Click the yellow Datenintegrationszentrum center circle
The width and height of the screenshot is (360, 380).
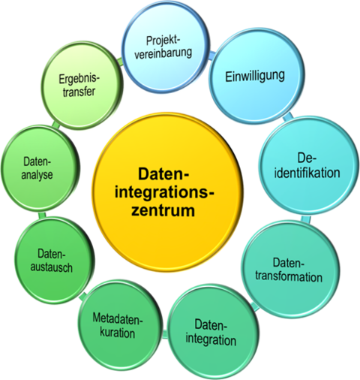(x=167, y=192)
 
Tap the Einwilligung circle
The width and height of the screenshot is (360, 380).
(x=256, y=77)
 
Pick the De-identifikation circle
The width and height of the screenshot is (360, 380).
(x=308, y=167)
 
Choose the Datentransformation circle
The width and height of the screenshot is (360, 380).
(x=290, y=269)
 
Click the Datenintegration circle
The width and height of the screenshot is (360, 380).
(x=212, y=332)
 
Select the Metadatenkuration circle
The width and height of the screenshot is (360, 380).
(x=118, y=326)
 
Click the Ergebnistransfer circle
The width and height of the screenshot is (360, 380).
(x=81, y=86)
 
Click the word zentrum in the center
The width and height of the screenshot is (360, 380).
(x=163, y=211)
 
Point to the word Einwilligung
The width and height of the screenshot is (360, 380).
(x=255, y=77)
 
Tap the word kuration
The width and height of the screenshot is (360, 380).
(x=118, y=333)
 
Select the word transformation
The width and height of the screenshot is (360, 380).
(x=289, y=277)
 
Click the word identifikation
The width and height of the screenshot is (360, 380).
(x=307, y=173)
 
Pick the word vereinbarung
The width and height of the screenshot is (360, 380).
(x=163, y=53)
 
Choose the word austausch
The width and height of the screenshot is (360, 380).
(x=52, y=267)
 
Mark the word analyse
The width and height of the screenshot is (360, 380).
(x=37, y=175)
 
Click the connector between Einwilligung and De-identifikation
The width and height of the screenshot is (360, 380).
(x=288, y=117)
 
